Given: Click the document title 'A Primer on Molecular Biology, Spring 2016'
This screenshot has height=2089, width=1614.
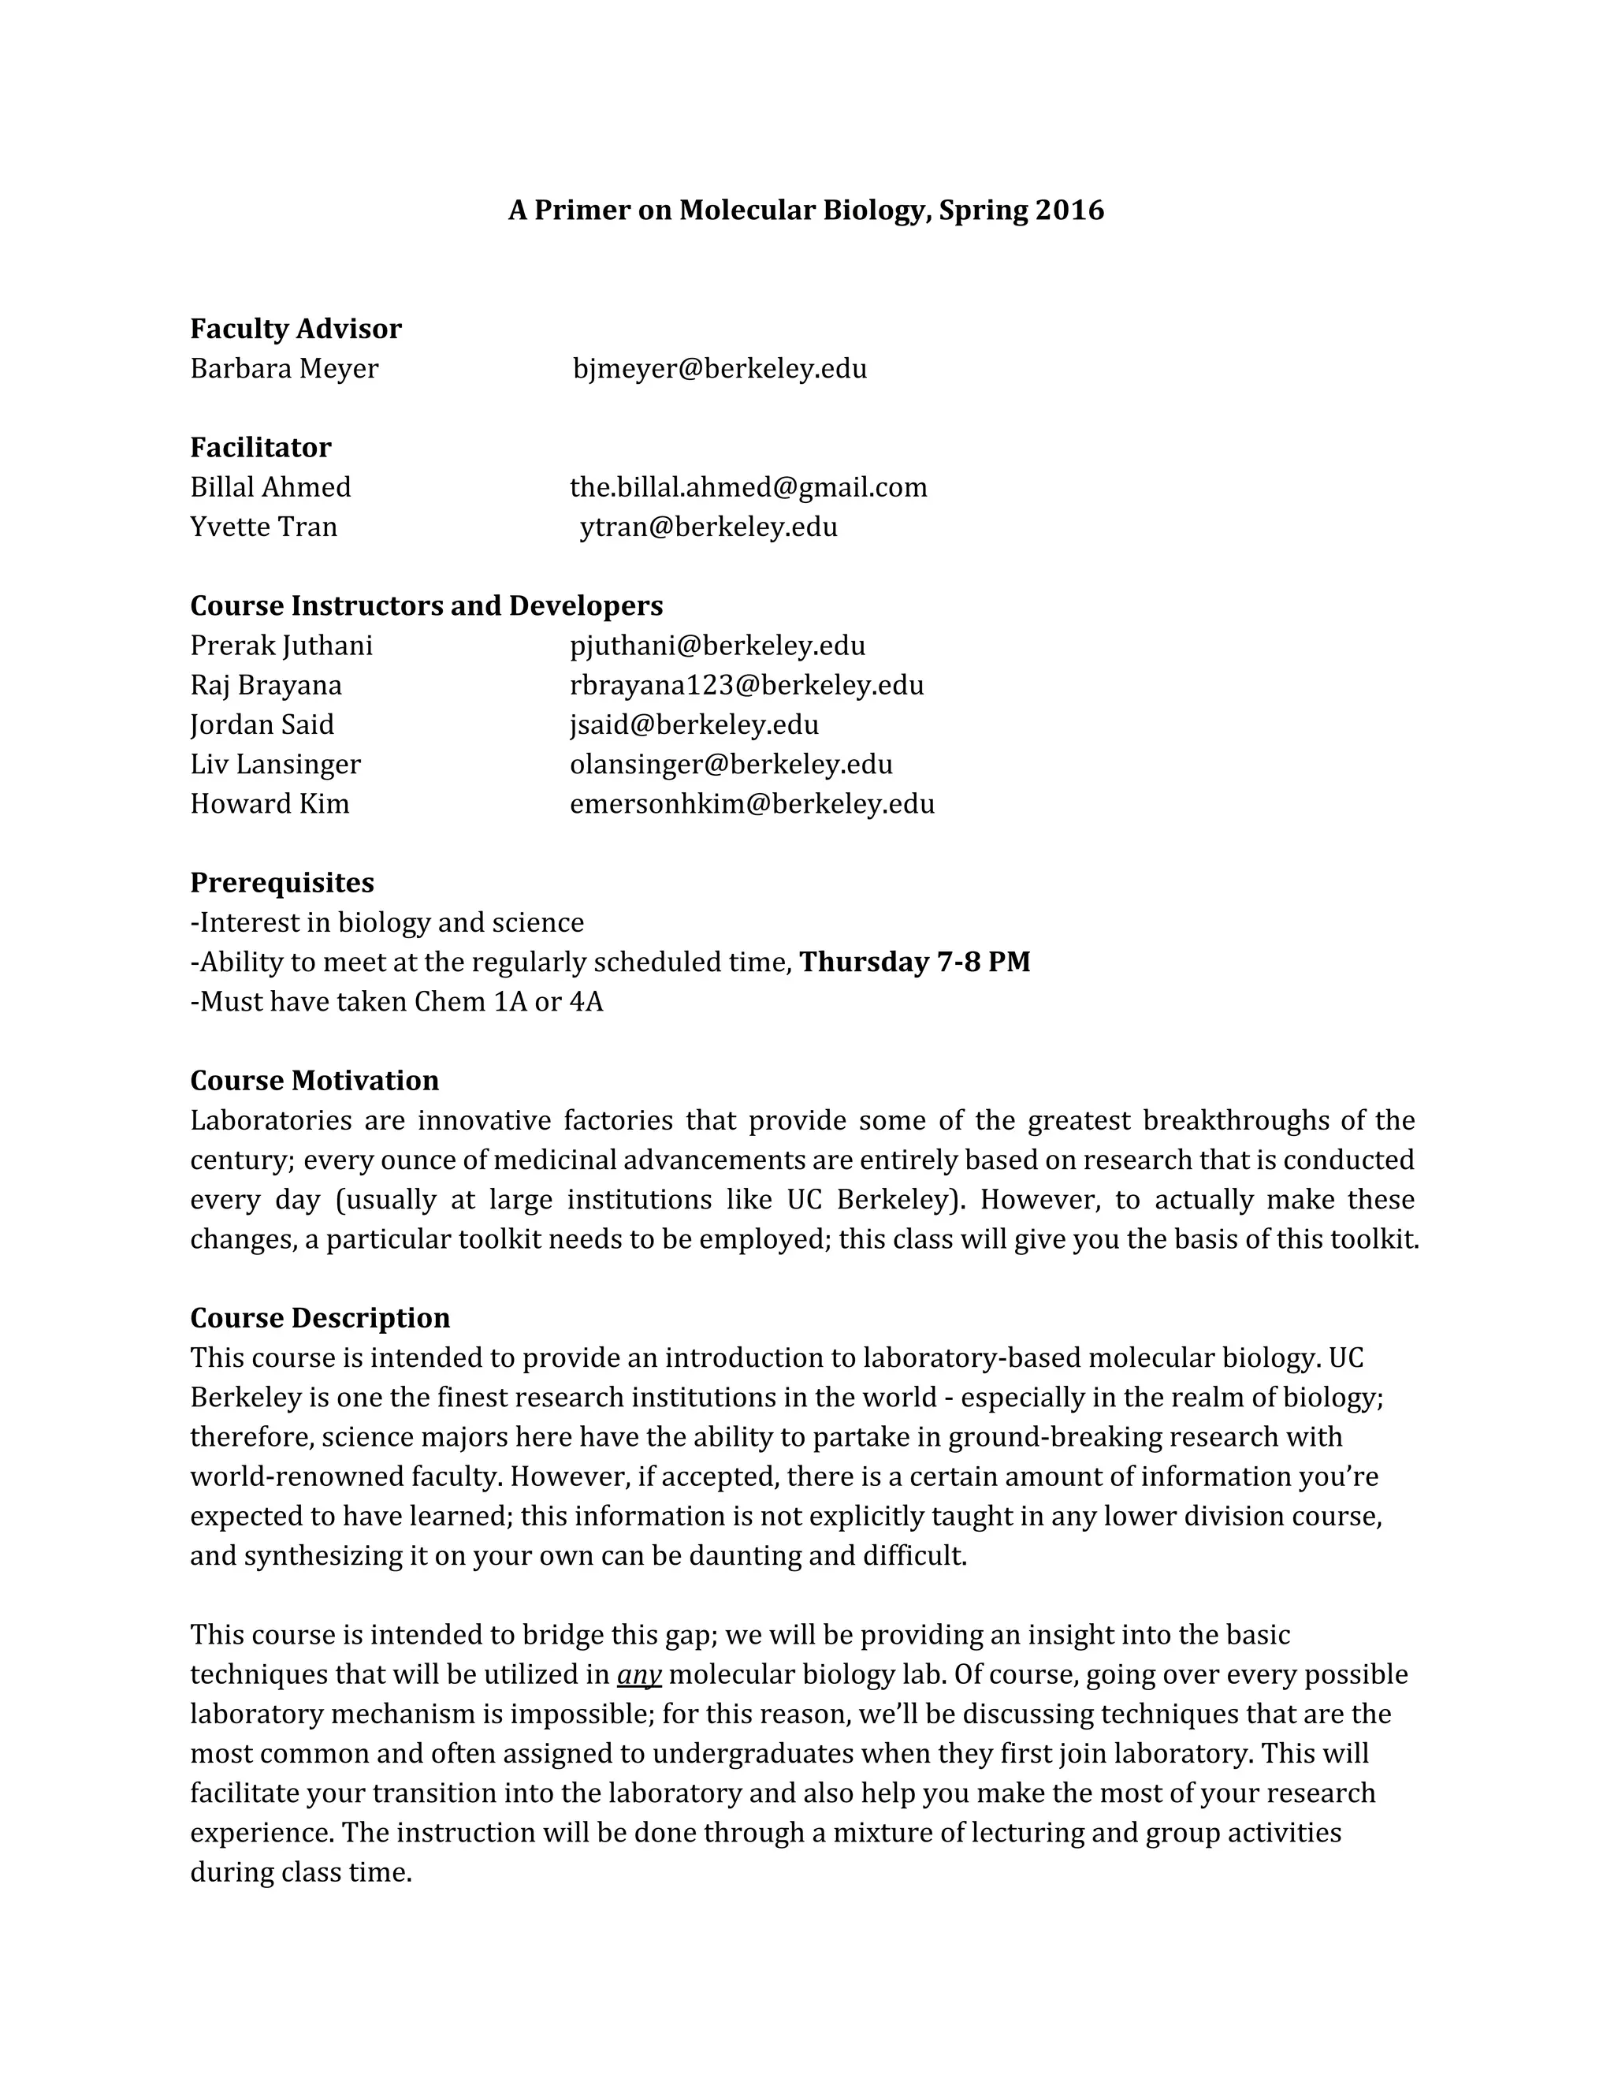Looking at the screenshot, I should pyautogui.click(x=805, y=210).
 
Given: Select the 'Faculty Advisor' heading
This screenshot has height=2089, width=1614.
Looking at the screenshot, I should pyautogui.click(x=296, y=329).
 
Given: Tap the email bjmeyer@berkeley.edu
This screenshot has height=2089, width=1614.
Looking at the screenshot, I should pyautogui.click(x=720, y=369).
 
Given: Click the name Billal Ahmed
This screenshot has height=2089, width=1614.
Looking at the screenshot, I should pyautogui.click(x=270, y=488).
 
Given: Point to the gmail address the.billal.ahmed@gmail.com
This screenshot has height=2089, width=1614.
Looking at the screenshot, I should pyautogui.click(x=748, y=488).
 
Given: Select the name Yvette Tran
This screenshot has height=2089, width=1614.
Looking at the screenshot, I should pyautogui.click(x=264, y=527).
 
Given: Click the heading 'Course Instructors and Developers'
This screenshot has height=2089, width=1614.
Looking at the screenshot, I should pyautogui.click(x=426, y=606).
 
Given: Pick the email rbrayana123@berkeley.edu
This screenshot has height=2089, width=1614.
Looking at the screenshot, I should pyautogui.click(x=747, y=686).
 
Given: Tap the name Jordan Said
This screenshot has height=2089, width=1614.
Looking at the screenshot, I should pyautogui.click(x=262, y=725).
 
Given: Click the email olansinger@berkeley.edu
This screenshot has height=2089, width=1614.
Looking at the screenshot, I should pyautogui.click(x=731, y=764).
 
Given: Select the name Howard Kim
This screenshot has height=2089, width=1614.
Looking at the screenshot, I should pyautogui.click(x=270, y=803).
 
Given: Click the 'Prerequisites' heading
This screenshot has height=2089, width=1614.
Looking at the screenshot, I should pyautogui.click(x=282, y=883).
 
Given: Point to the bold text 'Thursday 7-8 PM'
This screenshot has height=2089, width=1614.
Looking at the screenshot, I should pyautogui.click(x=915, y=963).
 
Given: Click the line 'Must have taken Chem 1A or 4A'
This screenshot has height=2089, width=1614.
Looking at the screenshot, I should pyautogui.click(x=397, y=1003).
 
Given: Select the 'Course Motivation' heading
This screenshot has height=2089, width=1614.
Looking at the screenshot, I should pyautogui.click(x=314, y=1081).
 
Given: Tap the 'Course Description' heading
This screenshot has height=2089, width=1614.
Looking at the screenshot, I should pyautogui.click(x=320, y=1318).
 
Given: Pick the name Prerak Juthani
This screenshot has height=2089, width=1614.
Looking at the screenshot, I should pyautogui.click(x=281, y=646).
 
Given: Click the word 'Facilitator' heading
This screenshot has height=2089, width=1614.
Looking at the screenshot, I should pyautogui.click(x=261, y=448).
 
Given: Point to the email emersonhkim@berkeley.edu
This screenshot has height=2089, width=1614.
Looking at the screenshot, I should pyautogui.click(x=752, y=803).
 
